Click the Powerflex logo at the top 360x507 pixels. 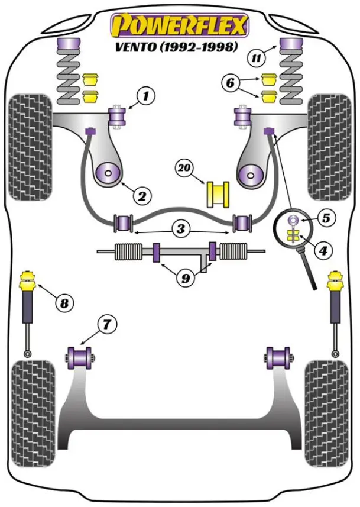tap(180, 25)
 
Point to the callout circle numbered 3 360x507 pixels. tap(181, 228)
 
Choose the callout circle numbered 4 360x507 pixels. tap(323, 251)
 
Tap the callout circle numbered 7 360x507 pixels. tap(107, 324)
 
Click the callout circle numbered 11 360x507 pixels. tap(256, 58)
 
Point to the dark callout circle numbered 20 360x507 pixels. tap(184, 169)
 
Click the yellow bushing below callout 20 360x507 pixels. tap(217, 195)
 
